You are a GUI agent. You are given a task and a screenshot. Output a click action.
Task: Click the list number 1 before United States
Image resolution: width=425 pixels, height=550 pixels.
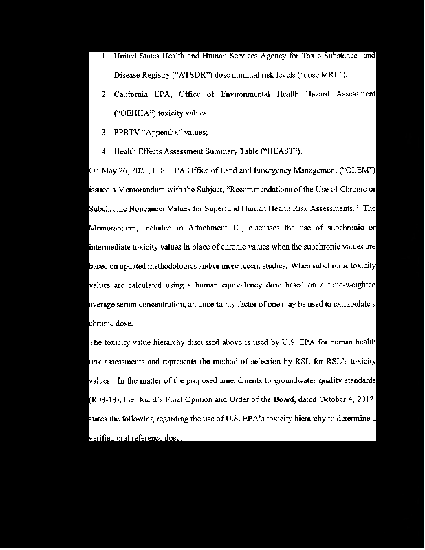pos(103,55)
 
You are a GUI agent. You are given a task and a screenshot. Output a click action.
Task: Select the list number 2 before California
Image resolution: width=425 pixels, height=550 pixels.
pos(103,93)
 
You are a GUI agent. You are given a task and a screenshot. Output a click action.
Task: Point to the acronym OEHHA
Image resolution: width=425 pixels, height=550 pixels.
pos(135,112)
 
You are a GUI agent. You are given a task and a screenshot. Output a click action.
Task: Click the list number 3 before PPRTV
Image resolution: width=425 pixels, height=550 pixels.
pos(103,131)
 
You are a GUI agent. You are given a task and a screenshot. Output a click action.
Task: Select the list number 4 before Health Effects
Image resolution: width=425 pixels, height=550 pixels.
pos(103,151)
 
